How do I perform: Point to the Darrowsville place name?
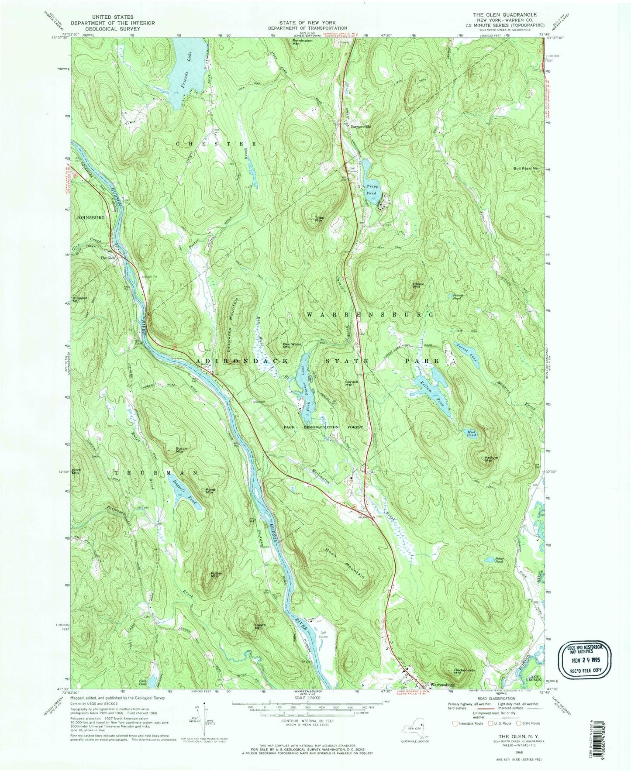pyautogui.click(x=361, y=127)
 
